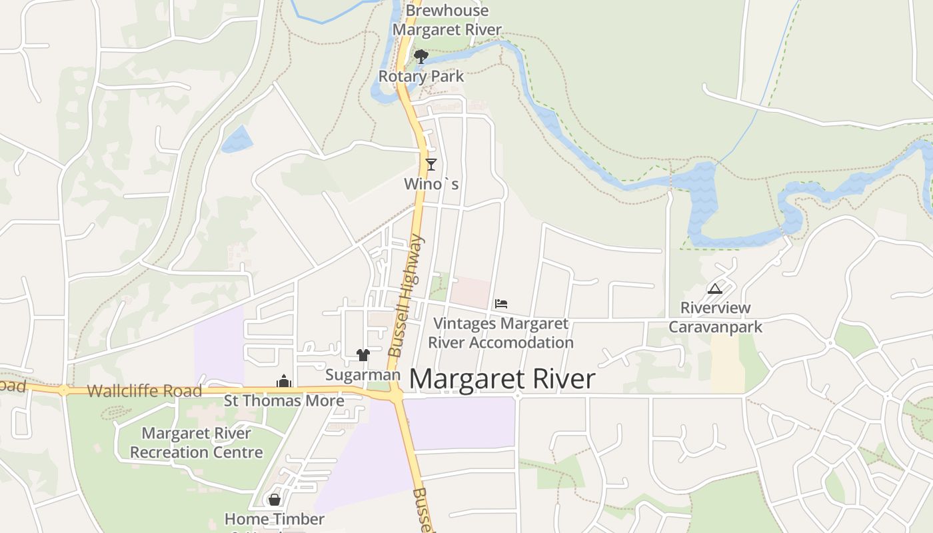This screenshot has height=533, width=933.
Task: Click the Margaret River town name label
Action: pyautogui.click(x=502, y=379)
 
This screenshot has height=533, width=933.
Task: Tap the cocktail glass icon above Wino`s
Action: pyautogui.click(x=431, y=164)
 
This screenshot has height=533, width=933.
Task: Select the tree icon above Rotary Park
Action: pyautogui.click(x=421, y=56)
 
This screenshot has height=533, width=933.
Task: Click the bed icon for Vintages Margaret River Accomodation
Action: pyautogui.click(x=501, y=304)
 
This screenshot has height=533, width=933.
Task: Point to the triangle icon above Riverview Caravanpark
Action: pyautogui.click(x=715, y=288)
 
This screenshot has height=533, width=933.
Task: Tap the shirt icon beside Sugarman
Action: pyautogui.click(x=363, y=355)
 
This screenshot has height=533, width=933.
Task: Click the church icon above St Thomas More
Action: pyautogui.click(x=285, y=382)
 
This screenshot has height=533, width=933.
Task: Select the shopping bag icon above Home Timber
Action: pyautogui.click(x=275, y=499)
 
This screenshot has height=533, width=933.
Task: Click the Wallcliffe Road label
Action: pyautogui.click(x=144, y=390)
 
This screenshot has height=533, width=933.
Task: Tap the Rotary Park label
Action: pyautogui.click(x=421, y=76)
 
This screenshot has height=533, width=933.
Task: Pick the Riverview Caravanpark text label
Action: pyautogui.click(x=715, y=317)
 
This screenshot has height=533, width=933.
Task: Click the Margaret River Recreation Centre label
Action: pyautogui.click(x=197, y=442)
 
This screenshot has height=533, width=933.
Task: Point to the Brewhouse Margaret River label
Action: pyautogui.click(x=447, y=20)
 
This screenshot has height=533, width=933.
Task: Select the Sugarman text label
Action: pyautogui.click(x=363, y=375)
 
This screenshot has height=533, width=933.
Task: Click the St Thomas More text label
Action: pyautogui.click(x=284, y=400)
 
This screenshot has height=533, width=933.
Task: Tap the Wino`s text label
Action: pyautogui.click(x=431, y=184)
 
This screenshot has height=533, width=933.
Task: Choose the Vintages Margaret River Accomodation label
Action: pyautogui.click(x=500, y=333)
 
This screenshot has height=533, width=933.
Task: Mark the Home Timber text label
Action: pyautogui.click(x=275, y=519)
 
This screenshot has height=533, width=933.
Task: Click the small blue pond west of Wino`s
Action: pyautogui.click(x=237, y=139)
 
